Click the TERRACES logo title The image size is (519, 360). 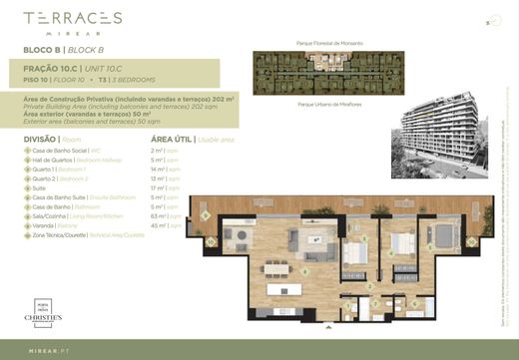[72, 19]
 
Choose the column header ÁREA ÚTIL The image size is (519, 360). [173, 139]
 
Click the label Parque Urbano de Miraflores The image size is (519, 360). [329, 103]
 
